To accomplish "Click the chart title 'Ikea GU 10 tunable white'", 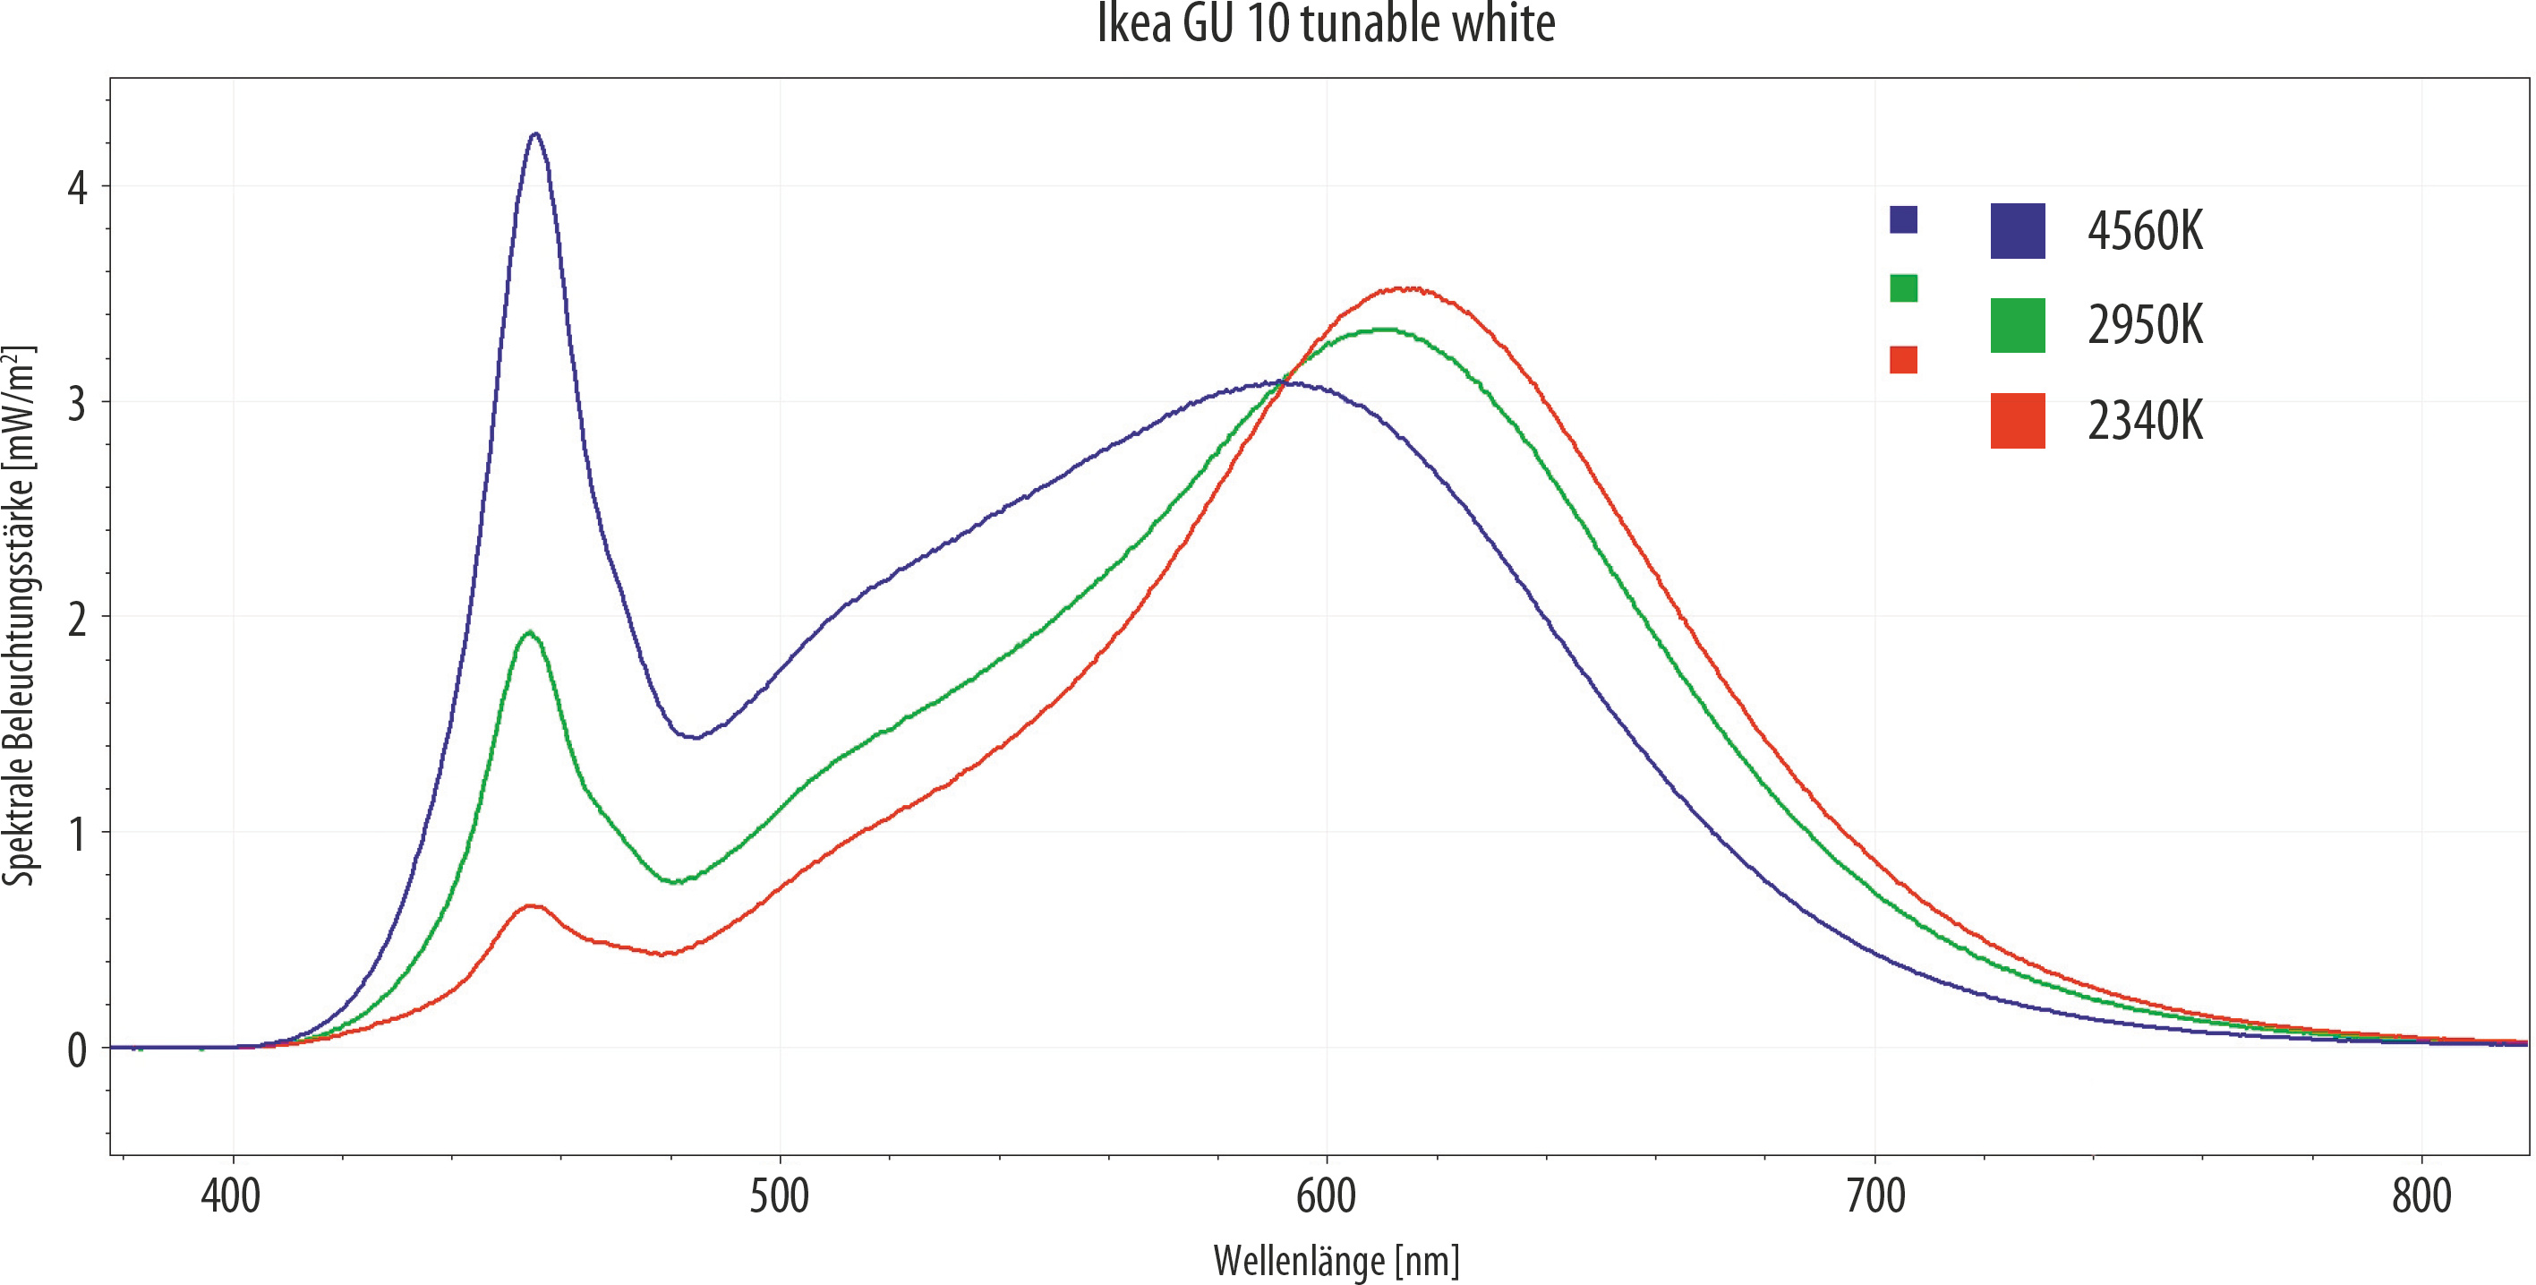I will point(1325,23).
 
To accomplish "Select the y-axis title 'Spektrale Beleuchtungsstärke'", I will point(20,615).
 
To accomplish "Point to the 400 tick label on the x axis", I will point(231,1196).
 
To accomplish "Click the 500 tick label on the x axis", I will point(779,1196).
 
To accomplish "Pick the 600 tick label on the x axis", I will point(1326,1196).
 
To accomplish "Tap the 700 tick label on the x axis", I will point(1874,1196).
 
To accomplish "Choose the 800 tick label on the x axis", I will point(2421,1196).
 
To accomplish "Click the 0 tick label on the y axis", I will point(77,1050).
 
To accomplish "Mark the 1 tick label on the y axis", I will point(77,835).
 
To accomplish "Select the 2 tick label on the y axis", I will point(77,620).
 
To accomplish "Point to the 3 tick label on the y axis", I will point(77,404).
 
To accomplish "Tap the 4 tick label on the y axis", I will point(77,188).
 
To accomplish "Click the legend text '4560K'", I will point(2144,231).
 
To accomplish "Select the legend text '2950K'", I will point(2144,326).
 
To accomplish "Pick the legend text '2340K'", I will point(2144,422).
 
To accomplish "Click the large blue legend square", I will point(2017,231).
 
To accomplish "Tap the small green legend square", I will point(1903,288).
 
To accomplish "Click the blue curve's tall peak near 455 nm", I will point(534,135).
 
